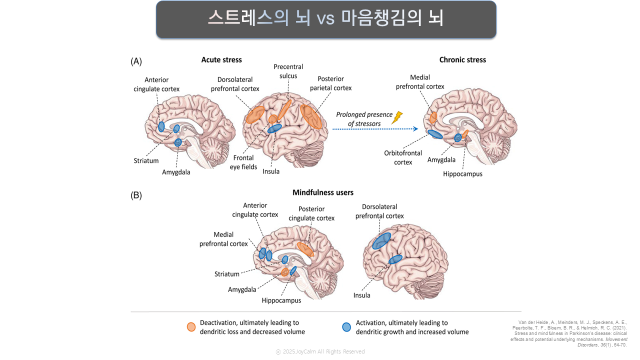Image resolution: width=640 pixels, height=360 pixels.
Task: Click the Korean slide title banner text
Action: pyautogui.click(x=325, y=18)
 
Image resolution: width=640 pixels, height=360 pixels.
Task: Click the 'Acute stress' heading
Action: pyautogui.click(x=221, y=60)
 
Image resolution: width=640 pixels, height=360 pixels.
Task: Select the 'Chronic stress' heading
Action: pyautogui.click(x=462, y=60)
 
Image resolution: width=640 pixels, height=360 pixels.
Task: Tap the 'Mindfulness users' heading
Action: pyautogui.click(x=323, y=192)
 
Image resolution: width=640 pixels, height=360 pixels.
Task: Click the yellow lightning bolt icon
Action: pyautogui.click(x=397, y=117)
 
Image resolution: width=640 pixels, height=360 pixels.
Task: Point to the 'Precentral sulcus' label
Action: pyautogui.click(x=288, y=71)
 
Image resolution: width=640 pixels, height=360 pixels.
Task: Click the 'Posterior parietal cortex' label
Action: pyautogui.click(x=330, y=83)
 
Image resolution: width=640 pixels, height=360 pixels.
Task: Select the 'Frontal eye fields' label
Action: pyautogui.click(x=243, y=162)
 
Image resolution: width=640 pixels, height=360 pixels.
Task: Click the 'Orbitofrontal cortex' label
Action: pyautogui.click(x=403, y=157)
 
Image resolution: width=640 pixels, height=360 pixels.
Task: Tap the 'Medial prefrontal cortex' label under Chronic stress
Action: pyautogui.click(x=420, y=82)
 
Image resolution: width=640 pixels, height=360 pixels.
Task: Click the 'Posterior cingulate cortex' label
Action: pyautogui.click(x=311, y=213)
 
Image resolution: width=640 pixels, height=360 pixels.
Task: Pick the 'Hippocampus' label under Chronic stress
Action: pyautogui.click(x=462, y=174)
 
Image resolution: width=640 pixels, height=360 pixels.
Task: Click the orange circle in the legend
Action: pyautogui.click(x=191, y=327)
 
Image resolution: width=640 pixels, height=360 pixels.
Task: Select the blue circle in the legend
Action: pyautogui.click(x=346, y=327)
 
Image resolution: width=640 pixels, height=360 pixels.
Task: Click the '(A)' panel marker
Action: pyautogui.click(x=136, y=61)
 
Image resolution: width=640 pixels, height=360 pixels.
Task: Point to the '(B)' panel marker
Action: pyautogui.click(x=136, y=195)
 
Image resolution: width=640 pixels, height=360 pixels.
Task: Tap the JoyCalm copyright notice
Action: pyautogui.click(x=320, y=351)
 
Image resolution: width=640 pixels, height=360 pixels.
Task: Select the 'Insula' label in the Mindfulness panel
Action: pyautogui.click(x=362, y=295)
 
